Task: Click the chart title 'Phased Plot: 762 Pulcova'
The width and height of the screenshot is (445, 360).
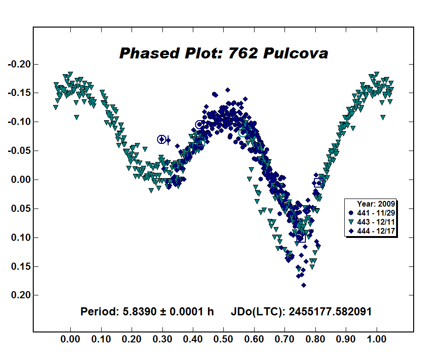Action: point(223,53)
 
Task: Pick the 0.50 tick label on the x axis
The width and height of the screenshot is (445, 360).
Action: point(224,340)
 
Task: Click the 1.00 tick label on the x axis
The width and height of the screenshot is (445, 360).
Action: point(377,340)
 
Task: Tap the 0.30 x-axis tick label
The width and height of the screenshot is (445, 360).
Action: point(162,340)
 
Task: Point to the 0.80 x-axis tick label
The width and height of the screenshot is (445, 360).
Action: point(315,340)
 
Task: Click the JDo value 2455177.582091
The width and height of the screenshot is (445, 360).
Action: point(330,312)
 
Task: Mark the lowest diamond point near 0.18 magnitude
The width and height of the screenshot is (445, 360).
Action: point(303,285)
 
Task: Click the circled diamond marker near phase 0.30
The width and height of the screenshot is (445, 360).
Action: point(161,139)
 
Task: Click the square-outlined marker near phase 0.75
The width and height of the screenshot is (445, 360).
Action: point(301,237)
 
